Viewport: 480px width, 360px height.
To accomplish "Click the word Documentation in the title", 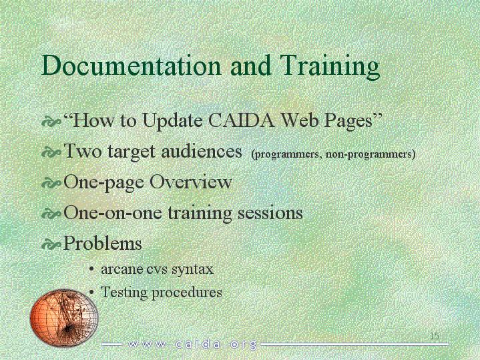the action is [x=131, y=65].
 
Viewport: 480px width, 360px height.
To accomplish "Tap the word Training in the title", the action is [x=330, y=67].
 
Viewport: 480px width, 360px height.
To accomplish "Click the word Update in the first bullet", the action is [x=172, y=122].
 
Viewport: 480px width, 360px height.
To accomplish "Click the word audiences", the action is [x=202, y=151].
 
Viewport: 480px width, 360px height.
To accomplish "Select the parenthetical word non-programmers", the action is [x=371, y=154].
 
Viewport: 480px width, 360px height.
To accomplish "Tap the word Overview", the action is [x=190, y=182].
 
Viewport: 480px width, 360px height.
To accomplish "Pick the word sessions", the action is [x=270, y=213].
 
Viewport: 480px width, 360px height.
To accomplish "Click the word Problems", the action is [x=103, y=243].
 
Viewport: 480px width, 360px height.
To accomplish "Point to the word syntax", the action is [x=192, y=270].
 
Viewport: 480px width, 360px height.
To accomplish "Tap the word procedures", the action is [x=187, y=293].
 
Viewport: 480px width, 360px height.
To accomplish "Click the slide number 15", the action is [x=435, y=336].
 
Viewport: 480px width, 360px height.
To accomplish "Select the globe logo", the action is [x=64, y=317].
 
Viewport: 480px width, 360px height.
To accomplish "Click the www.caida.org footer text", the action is [x=192, y=345].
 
